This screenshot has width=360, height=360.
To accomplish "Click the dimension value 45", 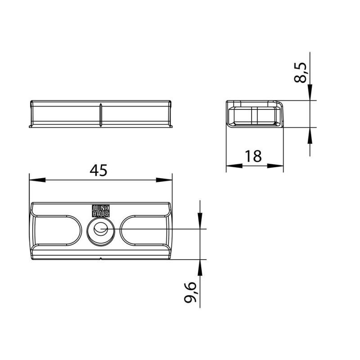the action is point(99,171).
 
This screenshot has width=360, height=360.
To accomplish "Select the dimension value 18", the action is point(253,156).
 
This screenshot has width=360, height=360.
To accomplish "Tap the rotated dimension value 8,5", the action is point(300,72).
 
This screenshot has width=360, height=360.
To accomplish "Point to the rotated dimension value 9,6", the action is point(190,292).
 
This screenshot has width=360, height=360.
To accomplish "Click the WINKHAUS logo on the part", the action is point(101,211).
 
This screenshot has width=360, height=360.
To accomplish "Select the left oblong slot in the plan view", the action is point(58,230).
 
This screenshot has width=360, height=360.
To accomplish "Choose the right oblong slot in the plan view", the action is point(144,230).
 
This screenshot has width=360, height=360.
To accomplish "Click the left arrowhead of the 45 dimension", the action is point(37,180).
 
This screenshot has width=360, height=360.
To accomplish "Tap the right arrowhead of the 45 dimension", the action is point(164,180).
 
